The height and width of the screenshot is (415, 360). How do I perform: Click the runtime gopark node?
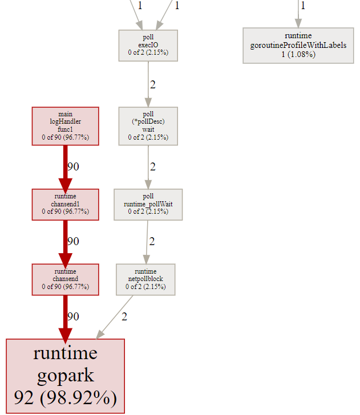coord(65,376)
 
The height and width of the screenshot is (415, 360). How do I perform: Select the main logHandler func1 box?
coord(65,125)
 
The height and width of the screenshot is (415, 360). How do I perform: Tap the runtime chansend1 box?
coord(65,204)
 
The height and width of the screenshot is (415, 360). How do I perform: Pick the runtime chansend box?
coord(65,279)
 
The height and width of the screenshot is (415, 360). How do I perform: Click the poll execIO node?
coord(148,45)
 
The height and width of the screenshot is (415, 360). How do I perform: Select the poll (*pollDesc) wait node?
coord(148,125)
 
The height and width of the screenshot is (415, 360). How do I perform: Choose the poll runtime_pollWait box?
coord(148,204)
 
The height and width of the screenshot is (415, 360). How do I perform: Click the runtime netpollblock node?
coord(145,279)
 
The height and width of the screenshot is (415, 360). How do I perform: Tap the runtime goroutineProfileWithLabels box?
coord(298,46)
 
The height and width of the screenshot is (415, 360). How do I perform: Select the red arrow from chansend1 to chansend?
coord(65,242)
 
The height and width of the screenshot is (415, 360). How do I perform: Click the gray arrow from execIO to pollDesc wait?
coord(148,84)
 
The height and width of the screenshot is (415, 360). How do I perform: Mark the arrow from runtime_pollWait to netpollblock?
coord(147,242)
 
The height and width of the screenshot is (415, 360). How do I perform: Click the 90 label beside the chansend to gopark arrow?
coord(73,316)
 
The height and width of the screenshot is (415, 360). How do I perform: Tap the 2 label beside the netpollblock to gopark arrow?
coord(124,316)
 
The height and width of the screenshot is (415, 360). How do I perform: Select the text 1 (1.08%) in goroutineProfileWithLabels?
coord(298,54)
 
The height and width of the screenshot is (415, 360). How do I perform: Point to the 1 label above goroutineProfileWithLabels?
coord(303,6)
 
